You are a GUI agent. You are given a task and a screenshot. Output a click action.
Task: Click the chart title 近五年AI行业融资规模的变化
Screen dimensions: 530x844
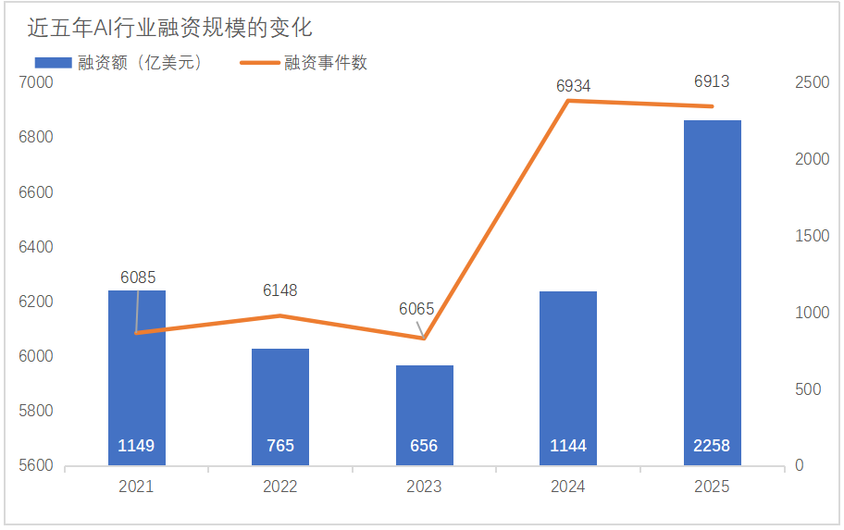[169, 29]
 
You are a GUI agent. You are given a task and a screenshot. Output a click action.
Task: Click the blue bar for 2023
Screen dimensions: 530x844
[424, 407]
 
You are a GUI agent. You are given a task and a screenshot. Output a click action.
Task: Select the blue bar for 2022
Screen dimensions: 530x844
[280, 398]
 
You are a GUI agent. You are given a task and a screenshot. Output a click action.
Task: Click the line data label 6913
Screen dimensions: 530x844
[712, 81]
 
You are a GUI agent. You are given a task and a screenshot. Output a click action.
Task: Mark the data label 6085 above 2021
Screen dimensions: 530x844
[138, 277]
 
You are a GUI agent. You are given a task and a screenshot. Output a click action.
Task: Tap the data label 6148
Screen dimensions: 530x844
[280, 290]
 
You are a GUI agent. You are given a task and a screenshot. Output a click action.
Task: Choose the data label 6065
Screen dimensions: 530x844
[416, 309]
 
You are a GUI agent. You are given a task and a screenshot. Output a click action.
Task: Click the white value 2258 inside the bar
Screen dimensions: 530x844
[712, 446]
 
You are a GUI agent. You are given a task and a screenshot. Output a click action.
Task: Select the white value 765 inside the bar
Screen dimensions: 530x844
[280, 446]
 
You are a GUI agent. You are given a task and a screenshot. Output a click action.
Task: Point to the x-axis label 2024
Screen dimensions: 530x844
[567, 487]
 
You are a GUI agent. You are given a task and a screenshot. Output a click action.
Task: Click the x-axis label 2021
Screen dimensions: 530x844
[136, 487]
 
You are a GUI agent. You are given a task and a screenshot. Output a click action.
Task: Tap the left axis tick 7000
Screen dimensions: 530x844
[37, 83]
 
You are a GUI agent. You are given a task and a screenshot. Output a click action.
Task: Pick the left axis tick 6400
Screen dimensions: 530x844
[37, 247]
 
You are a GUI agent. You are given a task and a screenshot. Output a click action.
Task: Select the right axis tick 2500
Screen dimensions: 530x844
[812, 83]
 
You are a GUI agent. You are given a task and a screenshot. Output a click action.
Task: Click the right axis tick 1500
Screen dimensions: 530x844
[812, 236]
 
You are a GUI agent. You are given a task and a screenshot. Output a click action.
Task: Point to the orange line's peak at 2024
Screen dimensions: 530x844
[567, 100]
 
